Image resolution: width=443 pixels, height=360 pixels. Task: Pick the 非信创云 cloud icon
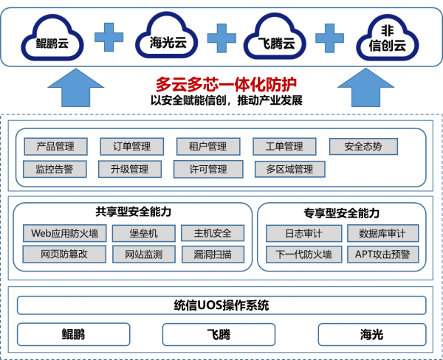tap(387, 35)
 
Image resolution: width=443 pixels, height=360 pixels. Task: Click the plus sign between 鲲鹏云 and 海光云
tap(109, 36)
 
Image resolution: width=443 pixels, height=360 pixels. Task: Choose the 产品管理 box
tap(55, 146)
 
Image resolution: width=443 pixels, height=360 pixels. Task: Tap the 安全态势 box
tap(363, 146)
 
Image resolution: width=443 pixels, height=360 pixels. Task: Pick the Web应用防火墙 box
tap(64, 233)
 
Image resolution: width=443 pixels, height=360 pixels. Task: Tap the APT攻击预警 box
tap(382, 255)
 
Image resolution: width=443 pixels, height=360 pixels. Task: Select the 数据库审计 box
tap(382, 233)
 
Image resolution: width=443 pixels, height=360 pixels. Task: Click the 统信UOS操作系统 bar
tap(221, 305)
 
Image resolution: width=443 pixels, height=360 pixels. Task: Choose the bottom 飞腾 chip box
tap(218, 334)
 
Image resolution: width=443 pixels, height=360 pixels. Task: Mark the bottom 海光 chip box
tap(371, 334)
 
